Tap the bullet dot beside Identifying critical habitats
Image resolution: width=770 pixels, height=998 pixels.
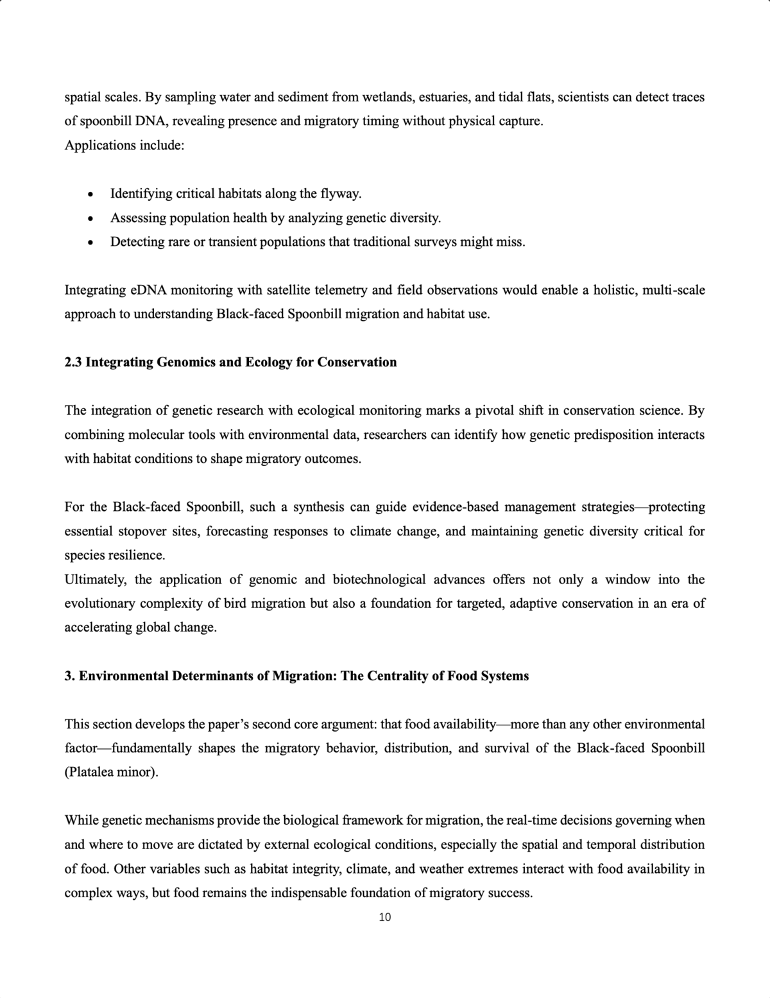(x=91, y=194)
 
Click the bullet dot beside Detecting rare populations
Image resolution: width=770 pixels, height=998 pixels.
(x=91, y=243)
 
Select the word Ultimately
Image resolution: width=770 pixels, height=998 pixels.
(x=96, y=580)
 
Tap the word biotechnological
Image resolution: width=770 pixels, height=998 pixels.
(x=379, y=580)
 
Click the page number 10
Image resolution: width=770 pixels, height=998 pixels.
(x=385, y=917)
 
